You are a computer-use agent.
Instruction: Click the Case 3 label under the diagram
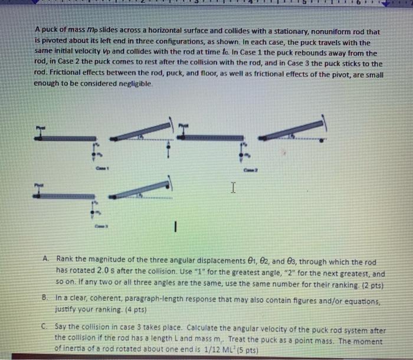point(100,225)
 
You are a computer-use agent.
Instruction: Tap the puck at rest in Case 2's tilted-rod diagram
point(321,141)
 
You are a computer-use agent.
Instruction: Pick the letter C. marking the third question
point(46,324)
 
